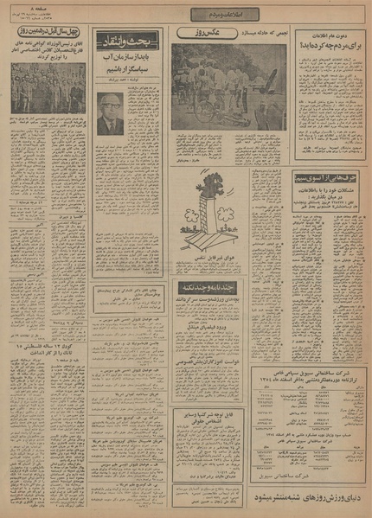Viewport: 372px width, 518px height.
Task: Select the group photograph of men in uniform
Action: (48, 87)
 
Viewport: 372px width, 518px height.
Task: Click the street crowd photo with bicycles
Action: (228, 88)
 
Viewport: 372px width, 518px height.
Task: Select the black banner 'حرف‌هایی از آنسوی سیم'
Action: (330, 174)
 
